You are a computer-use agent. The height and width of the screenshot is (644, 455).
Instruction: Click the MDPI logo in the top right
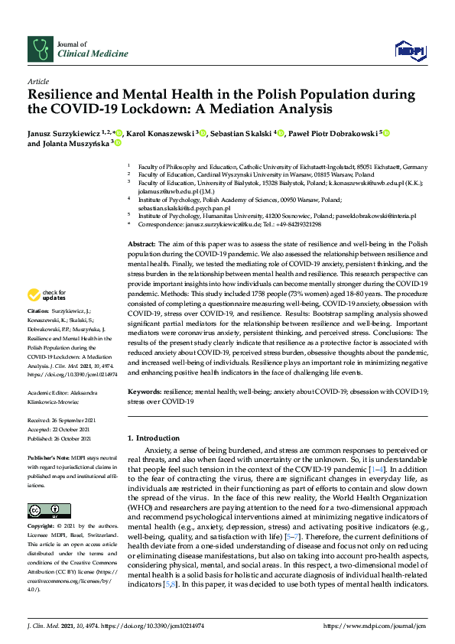(410, 50)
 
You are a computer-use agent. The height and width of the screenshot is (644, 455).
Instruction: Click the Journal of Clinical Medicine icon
(40, 50)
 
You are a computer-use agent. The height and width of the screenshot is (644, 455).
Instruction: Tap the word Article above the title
(37, 80)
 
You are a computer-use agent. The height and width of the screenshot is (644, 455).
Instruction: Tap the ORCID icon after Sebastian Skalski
(281, 133)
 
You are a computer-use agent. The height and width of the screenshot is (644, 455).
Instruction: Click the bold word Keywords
(145, 391)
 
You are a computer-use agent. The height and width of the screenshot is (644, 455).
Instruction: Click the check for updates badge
(47, 294)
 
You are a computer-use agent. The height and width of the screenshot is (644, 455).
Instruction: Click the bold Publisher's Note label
(47, 456)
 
